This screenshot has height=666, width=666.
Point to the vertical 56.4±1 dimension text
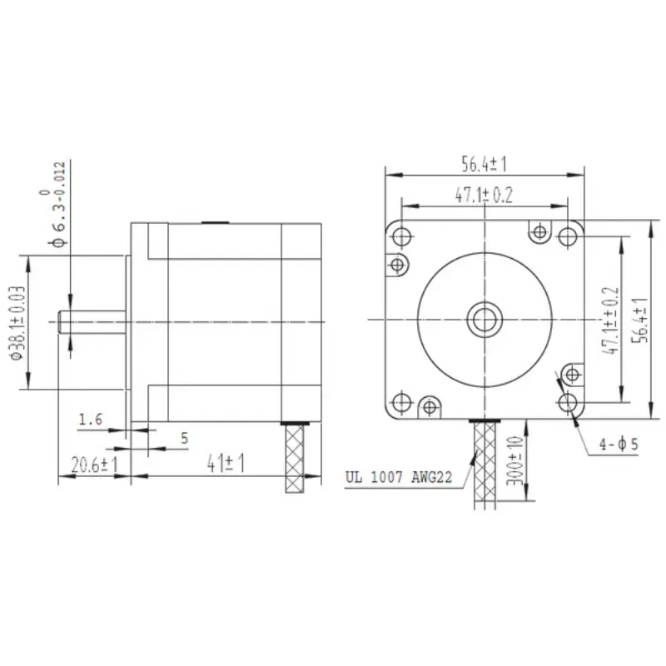(x=639, y=318)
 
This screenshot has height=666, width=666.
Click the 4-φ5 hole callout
(x=619, y=445)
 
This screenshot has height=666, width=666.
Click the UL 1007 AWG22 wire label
(x=399, y=479)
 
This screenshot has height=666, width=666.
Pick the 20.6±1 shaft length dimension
(x=93, y=465)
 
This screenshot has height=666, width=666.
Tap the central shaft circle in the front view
(x=484, y=317)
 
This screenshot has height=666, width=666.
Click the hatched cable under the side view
(x=296, y=458)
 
